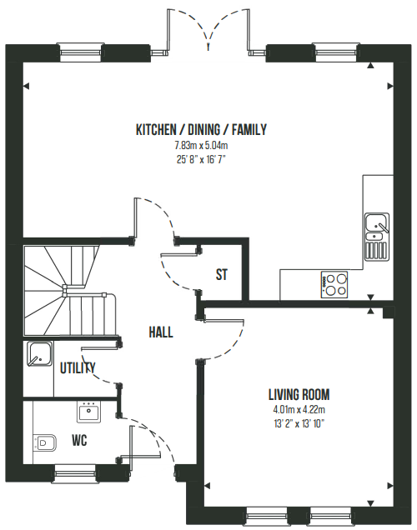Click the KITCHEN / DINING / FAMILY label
[x=201, y=130]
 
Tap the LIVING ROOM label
[x=299, y=394]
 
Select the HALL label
[x=161, y=332]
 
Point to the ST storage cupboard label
[x=222, y=274]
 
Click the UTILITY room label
[x=78, y=367]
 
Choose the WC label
[x=79, y=441]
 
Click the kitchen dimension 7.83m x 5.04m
[x=201, y=146]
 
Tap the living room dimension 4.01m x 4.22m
[x=299, y=410]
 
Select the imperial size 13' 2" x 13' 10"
[x=299, y=423]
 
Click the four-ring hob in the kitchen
[x=334, y=285]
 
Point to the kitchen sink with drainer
[x=376, y=237]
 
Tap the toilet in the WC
[x=45, y=442]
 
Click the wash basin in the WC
[x=88, y=412]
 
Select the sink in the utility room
[x=39, y=354]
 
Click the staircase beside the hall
[x=70, y=291]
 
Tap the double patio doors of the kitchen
[x=208, y=31]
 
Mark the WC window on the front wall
[x=75, y=473]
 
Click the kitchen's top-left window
[x=80, y=52]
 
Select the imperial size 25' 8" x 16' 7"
[x=201, y=159]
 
